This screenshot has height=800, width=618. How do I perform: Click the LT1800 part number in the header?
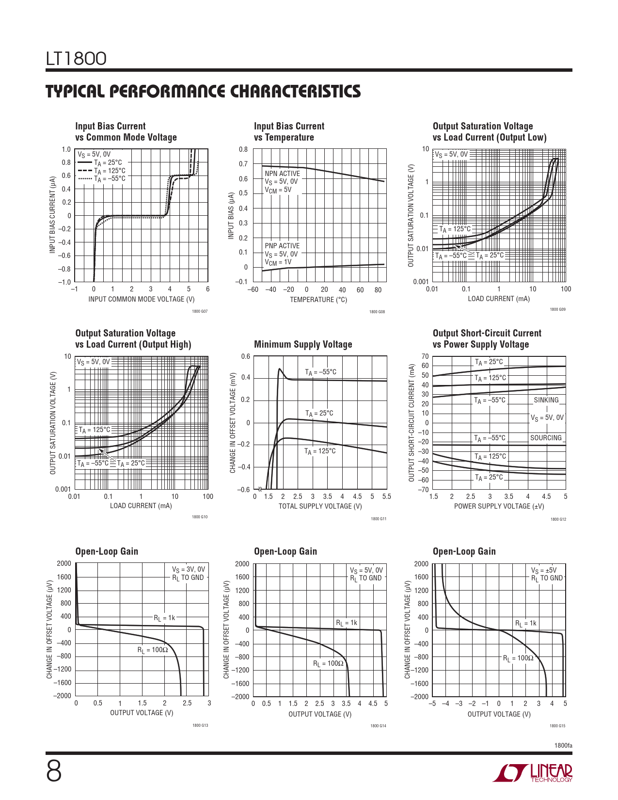pos(76,59)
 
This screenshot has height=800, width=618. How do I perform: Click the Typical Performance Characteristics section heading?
pos(203,92)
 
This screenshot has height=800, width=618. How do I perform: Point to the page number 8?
pos(54,771)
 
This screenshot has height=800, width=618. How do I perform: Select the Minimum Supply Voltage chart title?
pos(303,344)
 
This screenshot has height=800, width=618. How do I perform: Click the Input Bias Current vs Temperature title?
pos(289,131)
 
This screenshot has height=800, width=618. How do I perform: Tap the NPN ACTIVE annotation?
pos(282,174)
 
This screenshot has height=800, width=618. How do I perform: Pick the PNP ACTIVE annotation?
pos(282,246)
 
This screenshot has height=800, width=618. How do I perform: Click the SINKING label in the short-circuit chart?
pos(546,400)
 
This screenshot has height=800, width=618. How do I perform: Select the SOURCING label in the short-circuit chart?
pos(546,438)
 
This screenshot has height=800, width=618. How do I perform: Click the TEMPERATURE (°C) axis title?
pos(318,300)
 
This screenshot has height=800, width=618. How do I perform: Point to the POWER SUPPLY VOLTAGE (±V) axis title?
pos(499,506)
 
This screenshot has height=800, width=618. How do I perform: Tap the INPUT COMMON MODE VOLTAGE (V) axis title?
pos(141,299)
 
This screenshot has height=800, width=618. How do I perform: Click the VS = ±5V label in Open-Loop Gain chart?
pos(544,571)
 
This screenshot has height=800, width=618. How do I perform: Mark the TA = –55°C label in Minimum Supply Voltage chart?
pos(320,372)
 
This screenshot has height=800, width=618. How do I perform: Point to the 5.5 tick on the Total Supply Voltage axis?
pos(386,496)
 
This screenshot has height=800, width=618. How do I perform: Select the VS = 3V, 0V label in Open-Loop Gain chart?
pos(189,570)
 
